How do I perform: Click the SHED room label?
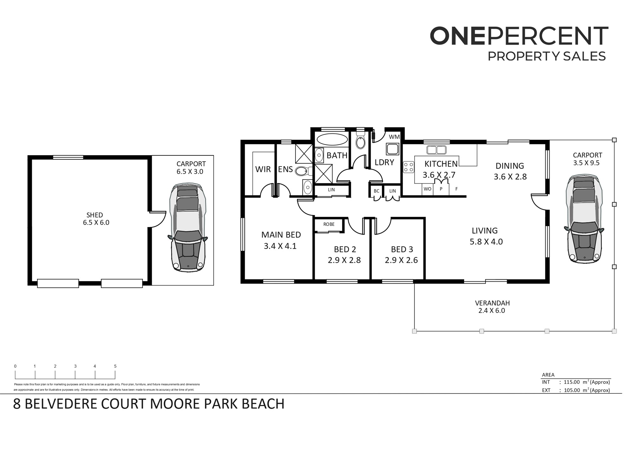click(x=94, y=215)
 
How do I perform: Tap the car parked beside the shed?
click(x=188, y=227)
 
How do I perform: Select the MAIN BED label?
click(x=281, y=235)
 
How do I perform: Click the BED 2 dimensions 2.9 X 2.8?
click(x=344, y=260)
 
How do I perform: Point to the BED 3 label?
click(x=402, y=249)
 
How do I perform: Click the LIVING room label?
click(x=485, y=231)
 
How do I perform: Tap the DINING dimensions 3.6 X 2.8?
click(x=510, y=177)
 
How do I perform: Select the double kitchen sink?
click(x=436, y=149)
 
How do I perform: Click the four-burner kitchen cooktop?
click(x=409, y=167)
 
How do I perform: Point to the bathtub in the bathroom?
click(x=332, y=140)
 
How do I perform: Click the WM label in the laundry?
click(x=394, y=137)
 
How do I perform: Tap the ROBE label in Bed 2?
click(x=329, y=224)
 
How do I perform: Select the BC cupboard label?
click(x=376, y=191)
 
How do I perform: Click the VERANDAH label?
click(x=492, y=303)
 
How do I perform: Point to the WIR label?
click(x=263, y=169)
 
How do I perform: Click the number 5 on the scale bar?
click(x=115, y=366)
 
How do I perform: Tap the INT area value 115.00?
click(x=572, y=382)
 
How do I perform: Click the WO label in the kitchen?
click(x=427, y=189)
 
